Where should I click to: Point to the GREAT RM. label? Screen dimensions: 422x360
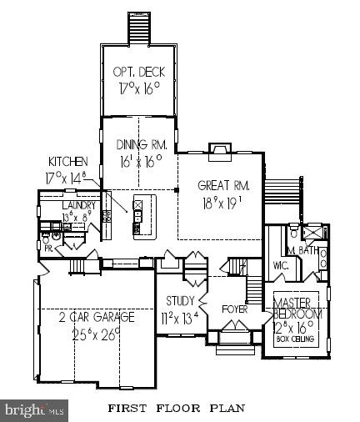[220, 184]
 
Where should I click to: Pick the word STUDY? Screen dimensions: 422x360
[181, 301]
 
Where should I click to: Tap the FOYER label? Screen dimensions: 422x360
[233, 309]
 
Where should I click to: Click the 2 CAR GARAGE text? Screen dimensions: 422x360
[97, 317]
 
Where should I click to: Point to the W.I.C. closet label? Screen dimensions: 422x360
[279, 267]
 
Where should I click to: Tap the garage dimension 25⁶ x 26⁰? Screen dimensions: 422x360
[97, 335]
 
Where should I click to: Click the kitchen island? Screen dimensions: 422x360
[141, 215]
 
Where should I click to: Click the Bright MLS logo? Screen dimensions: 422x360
[34, 409]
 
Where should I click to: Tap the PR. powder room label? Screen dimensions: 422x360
[48, 247]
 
